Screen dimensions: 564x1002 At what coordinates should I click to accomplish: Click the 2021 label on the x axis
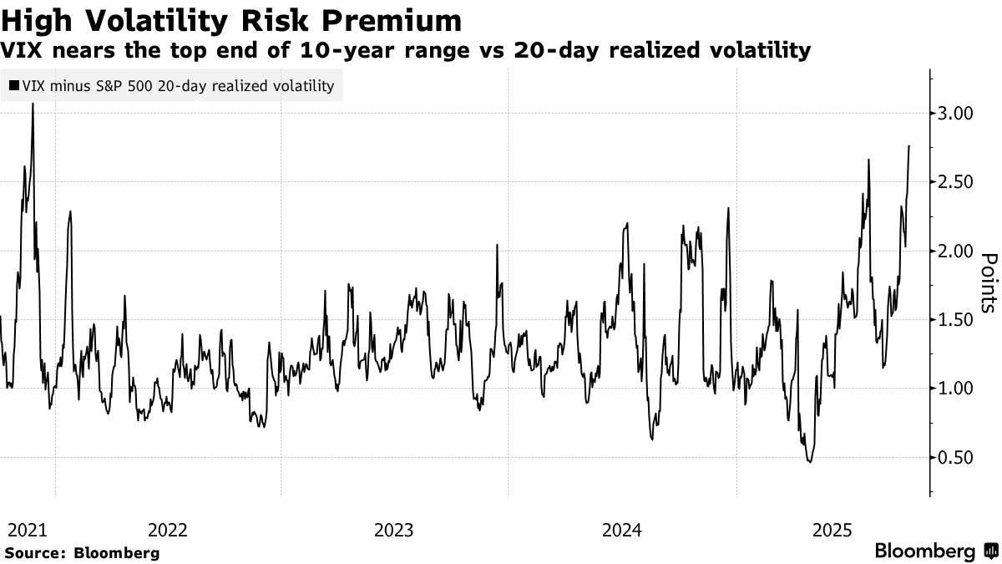tap(27, 530)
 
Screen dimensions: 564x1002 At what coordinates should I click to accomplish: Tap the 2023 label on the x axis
tap(393, 530)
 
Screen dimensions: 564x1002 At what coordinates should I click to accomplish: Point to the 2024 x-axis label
tap(621, 530)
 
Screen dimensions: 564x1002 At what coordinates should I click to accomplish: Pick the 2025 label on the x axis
tap(832, 530)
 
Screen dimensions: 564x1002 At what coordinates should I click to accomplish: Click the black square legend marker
tap(13, 85)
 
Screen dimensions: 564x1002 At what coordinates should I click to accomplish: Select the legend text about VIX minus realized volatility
tap(177, 85)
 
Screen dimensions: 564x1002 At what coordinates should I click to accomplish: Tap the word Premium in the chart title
tap(392, 19)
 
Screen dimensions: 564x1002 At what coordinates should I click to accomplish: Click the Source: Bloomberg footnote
tap(82, 553)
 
